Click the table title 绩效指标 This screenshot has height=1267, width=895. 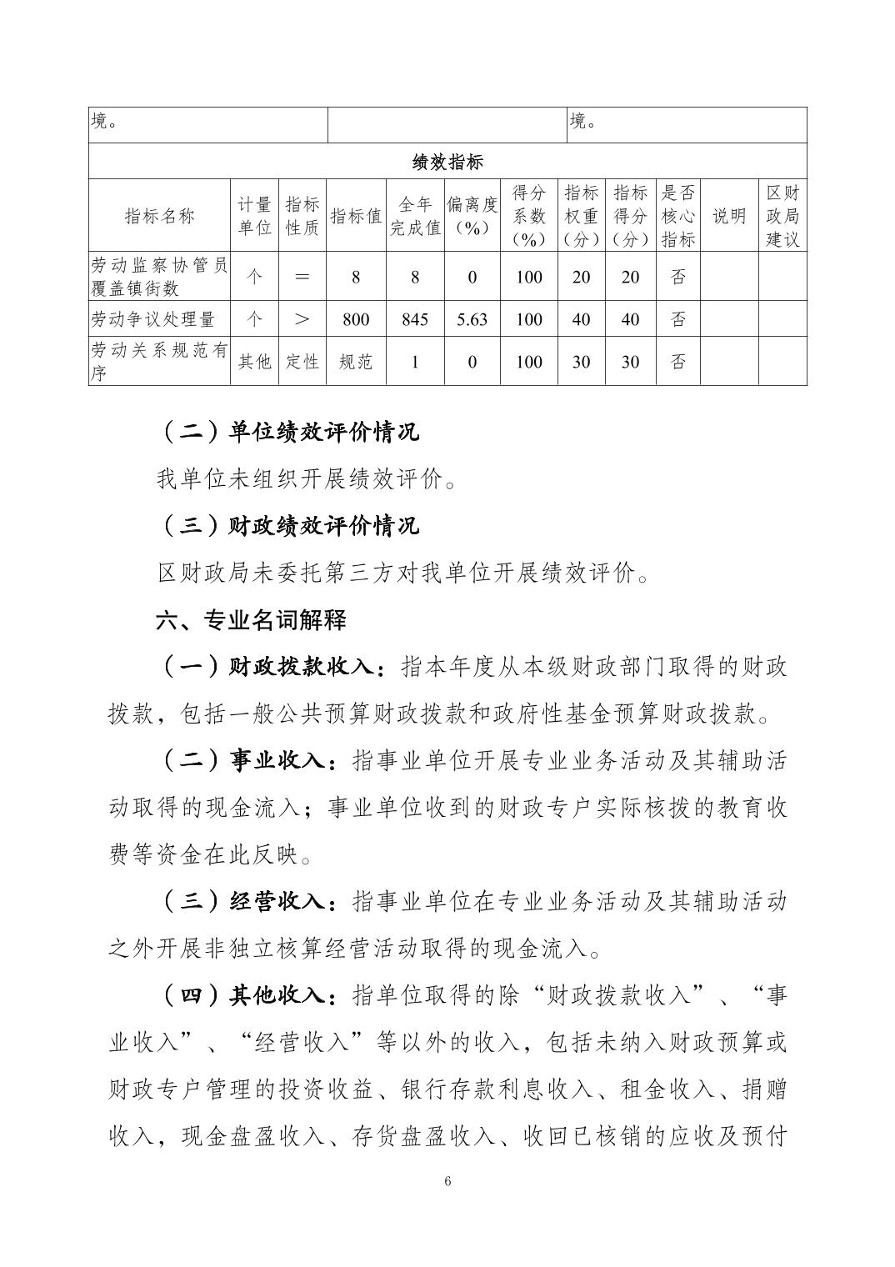(447, 162)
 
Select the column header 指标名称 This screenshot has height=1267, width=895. (159, 216)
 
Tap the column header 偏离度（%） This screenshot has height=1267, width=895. (472, 216)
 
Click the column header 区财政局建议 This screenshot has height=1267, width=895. (782, 216)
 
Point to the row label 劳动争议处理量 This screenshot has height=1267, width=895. (152, 319)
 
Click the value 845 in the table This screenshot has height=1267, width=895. (415, 319)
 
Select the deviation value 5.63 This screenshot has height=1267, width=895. (472, 319)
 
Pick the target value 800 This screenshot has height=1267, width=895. (356, 319)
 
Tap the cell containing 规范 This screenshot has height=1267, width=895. (356, 362)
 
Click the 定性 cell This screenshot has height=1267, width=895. (302, 362)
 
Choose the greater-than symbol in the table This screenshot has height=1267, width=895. (302, 319)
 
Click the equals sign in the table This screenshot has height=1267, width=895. (302, 277)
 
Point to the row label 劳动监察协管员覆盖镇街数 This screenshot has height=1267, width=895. (158, 277)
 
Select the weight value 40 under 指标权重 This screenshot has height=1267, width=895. (581, 319)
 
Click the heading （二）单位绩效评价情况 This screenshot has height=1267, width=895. (288, 432)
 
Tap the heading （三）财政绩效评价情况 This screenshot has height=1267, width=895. (288, 526)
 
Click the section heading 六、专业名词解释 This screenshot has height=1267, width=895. (251, 620)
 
